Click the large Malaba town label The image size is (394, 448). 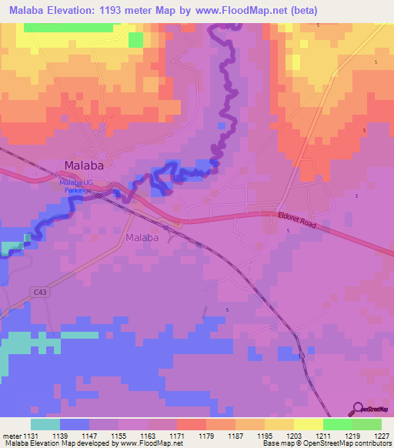coord(83,165)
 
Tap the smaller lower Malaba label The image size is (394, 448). coord(142,238)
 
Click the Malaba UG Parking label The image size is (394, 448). coord(76,185)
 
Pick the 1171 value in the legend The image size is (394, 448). coord(176,436)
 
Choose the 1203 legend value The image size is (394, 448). coord(293,436)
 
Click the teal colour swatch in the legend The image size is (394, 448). coord(45,424)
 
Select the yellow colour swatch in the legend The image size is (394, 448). coord(308,424)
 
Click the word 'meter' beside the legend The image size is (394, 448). coord(11,436)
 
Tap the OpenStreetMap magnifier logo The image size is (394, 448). coord(357,408)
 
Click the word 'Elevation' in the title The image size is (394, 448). coord(79,10)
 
